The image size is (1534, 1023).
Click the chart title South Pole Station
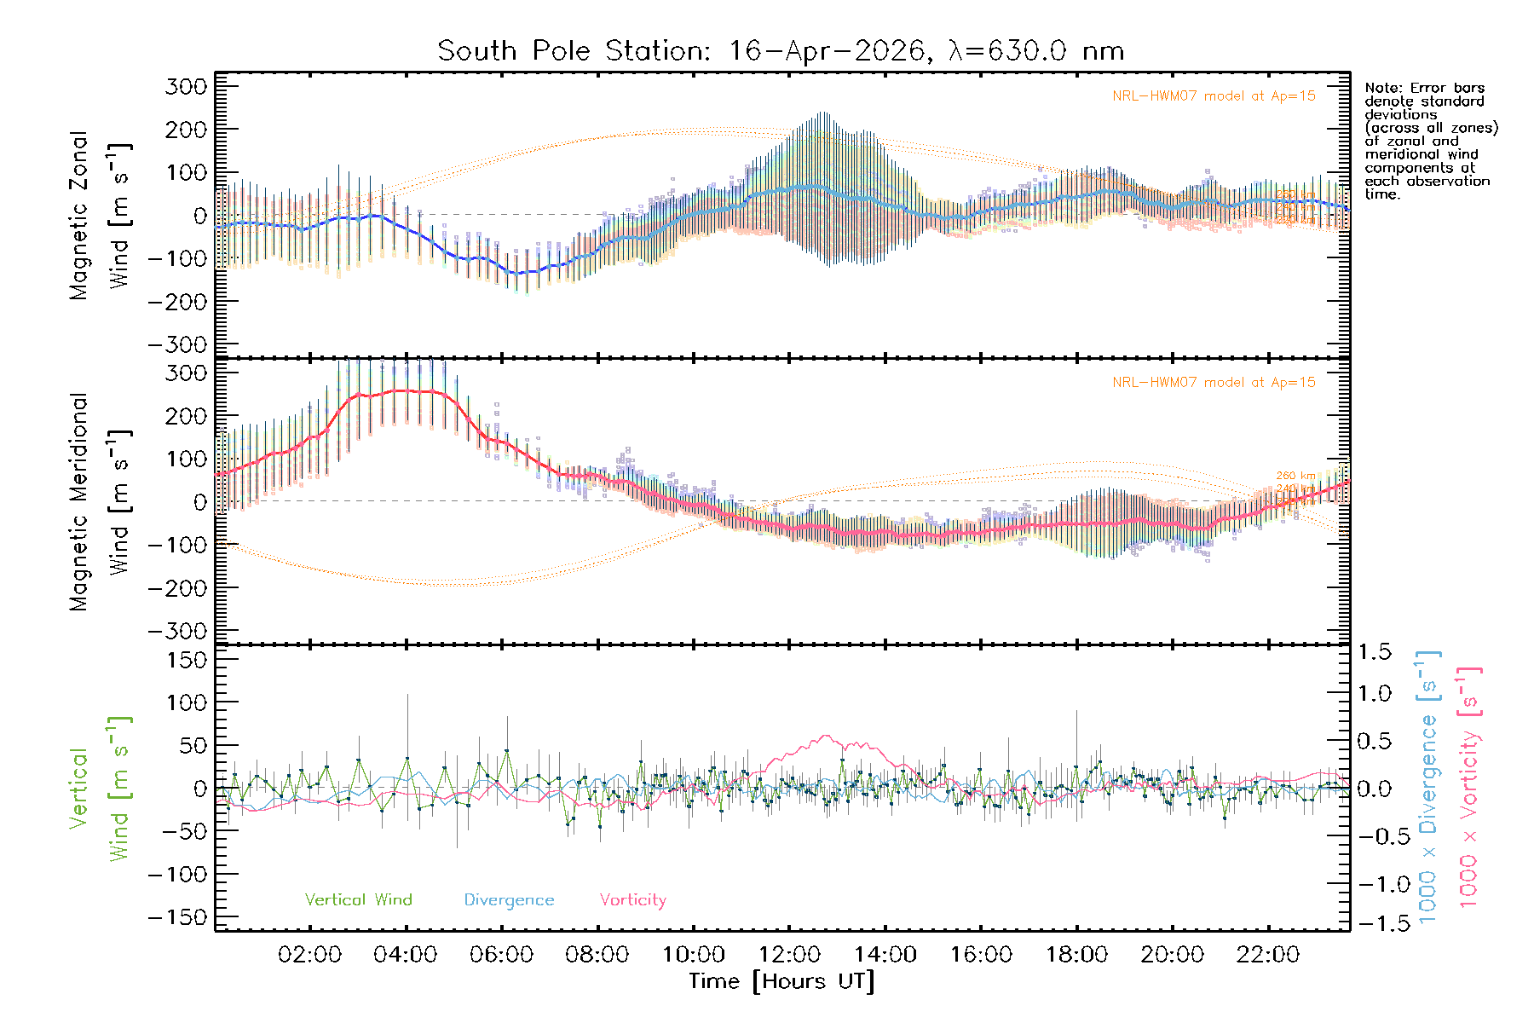781,51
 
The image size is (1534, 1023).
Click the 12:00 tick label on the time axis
789,955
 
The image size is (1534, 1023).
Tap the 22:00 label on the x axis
1268,955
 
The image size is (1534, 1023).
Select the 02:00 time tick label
310,955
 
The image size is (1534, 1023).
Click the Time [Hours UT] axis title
781,981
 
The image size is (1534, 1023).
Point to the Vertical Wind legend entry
358,900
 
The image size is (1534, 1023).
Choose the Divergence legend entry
509,900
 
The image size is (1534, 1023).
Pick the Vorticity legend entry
632,900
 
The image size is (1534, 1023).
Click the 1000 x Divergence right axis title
1428,787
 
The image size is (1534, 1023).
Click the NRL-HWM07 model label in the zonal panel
1214,96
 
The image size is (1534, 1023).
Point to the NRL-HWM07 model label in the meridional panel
1214,383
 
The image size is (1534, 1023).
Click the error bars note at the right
1431,141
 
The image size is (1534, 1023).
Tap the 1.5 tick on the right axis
1374,652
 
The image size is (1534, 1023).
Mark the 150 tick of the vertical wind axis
188,660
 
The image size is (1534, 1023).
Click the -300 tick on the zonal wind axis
178,344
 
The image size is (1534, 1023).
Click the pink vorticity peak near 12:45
825,736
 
